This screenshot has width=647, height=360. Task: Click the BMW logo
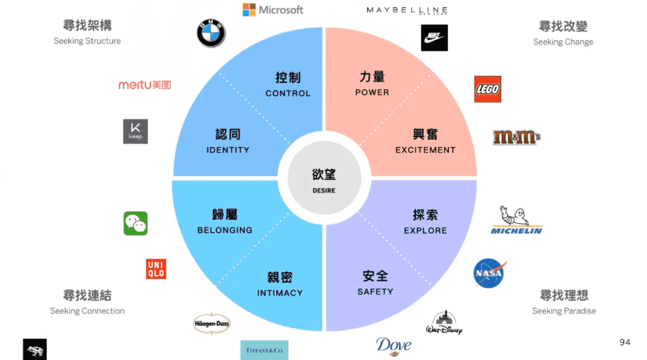coord(211,33)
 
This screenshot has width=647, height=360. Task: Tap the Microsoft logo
coord(273,10)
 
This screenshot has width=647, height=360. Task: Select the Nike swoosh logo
coord(434,38)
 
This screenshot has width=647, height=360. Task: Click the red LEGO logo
coord(487,89)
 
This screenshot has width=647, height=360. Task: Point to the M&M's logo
coord(516,137)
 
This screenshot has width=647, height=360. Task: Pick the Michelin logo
coord(516,220)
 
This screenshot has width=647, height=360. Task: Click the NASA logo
coord(489,273)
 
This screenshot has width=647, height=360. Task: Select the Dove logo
coord(393,346)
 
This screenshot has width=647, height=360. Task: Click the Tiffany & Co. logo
coord(264,350)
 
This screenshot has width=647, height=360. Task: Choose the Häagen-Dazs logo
coord(211,323)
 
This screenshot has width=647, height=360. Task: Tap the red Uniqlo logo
coord(156,269)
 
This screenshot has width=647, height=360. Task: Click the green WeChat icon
coord(136,223)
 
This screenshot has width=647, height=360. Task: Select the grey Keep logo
coord(135,131)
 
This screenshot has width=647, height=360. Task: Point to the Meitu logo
coord(145,85)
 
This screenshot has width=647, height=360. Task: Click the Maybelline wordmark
coord(407,10)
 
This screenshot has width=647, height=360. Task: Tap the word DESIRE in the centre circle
coord(324,191)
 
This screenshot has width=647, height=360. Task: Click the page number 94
coord(625,342)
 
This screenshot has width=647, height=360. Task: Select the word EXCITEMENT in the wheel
coord(425,150)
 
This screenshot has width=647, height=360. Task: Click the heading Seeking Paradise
coord(564,311)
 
